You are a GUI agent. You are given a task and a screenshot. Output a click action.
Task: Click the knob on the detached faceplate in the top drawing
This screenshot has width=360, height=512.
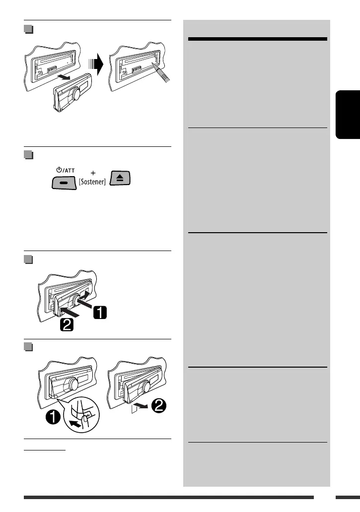[x=77, y=95]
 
